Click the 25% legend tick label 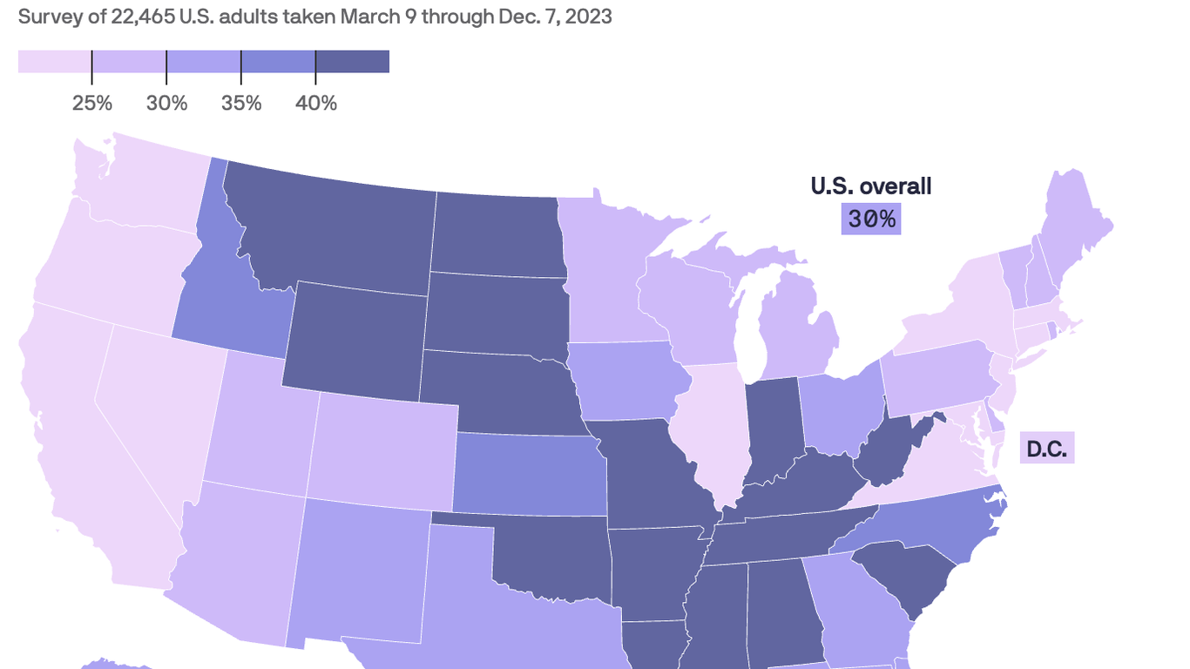[92, 103]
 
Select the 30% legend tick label [166, 103]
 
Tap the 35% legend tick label [241, 103]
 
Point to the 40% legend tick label [316, 103]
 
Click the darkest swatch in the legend [352, 62]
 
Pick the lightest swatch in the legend [54, 62]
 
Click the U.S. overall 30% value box [871, 219]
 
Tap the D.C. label [1046, 449]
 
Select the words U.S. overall [870, 186]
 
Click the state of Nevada [157, 409]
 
